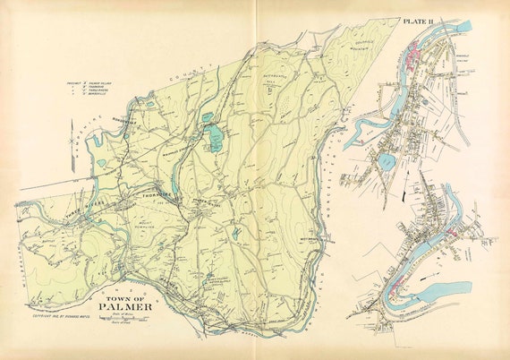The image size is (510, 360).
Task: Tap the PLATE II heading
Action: tap(419, 20)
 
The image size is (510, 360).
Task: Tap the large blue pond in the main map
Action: tap(214, 138)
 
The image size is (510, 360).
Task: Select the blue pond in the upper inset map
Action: tap(385, 161)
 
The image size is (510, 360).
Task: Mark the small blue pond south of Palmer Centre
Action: tap(235, 234)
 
